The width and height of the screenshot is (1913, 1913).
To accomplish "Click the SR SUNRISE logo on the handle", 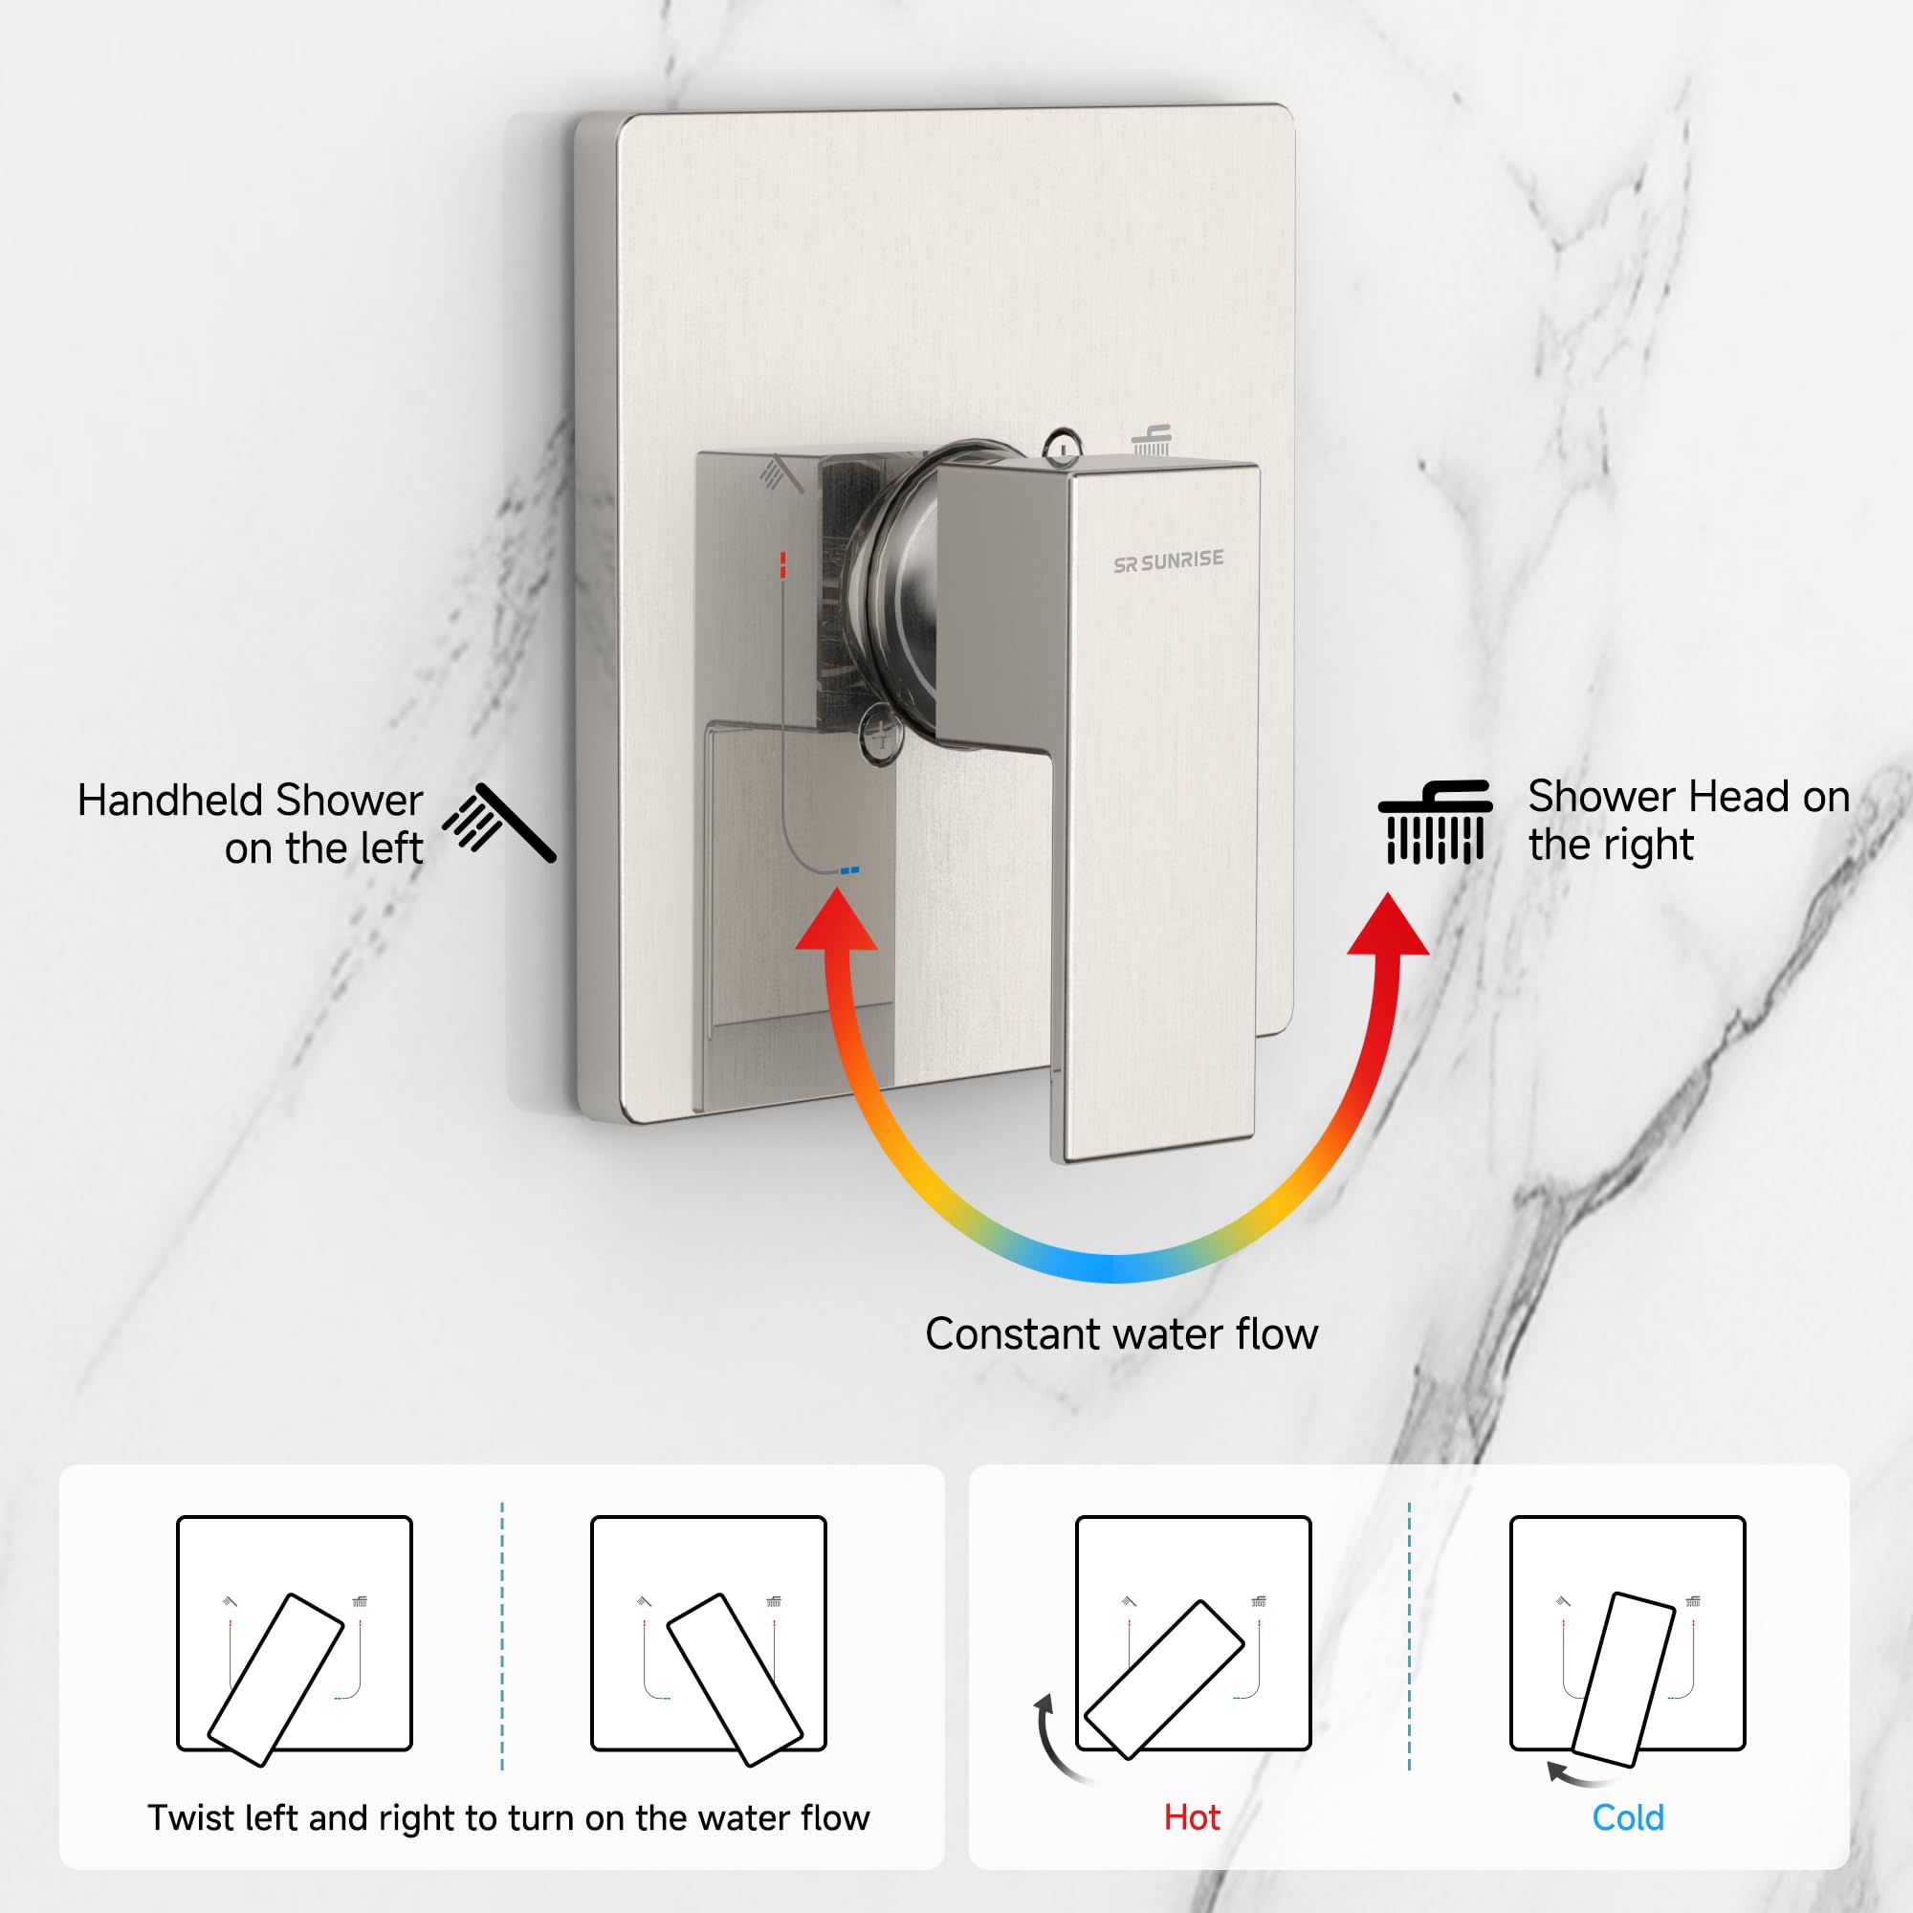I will click(x=1169, y=561).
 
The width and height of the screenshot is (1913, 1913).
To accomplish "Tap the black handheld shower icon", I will click(x=499, y=822).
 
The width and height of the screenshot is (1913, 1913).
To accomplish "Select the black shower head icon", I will click(x=1435, y=822).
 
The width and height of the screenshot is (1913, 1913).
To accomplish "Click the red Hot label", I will click(x=1191, y=1818).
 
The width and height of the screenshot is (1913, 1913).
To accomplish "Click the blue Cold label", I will click(x=1627, y=1818).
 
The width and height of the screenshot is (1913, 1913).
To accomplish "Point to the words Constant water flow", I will click(x=1121, y=1333).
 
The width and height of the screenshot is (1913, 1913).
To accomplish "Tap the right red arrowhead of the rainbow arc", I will click(x=1388, y=927).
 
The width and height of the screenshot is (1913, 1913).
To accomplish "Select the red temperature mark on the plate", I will click(x=782, y=564).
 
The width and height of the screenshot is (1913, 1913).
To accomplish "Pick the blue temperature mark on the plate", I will click(x=849, y=870).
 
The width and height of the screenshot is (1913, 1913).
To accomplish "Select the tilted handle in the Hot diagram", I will click(x=1163, y=1680).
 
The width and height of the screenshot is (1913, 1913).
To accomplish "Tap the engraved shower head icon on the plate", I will click(x=1152, y=441).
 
